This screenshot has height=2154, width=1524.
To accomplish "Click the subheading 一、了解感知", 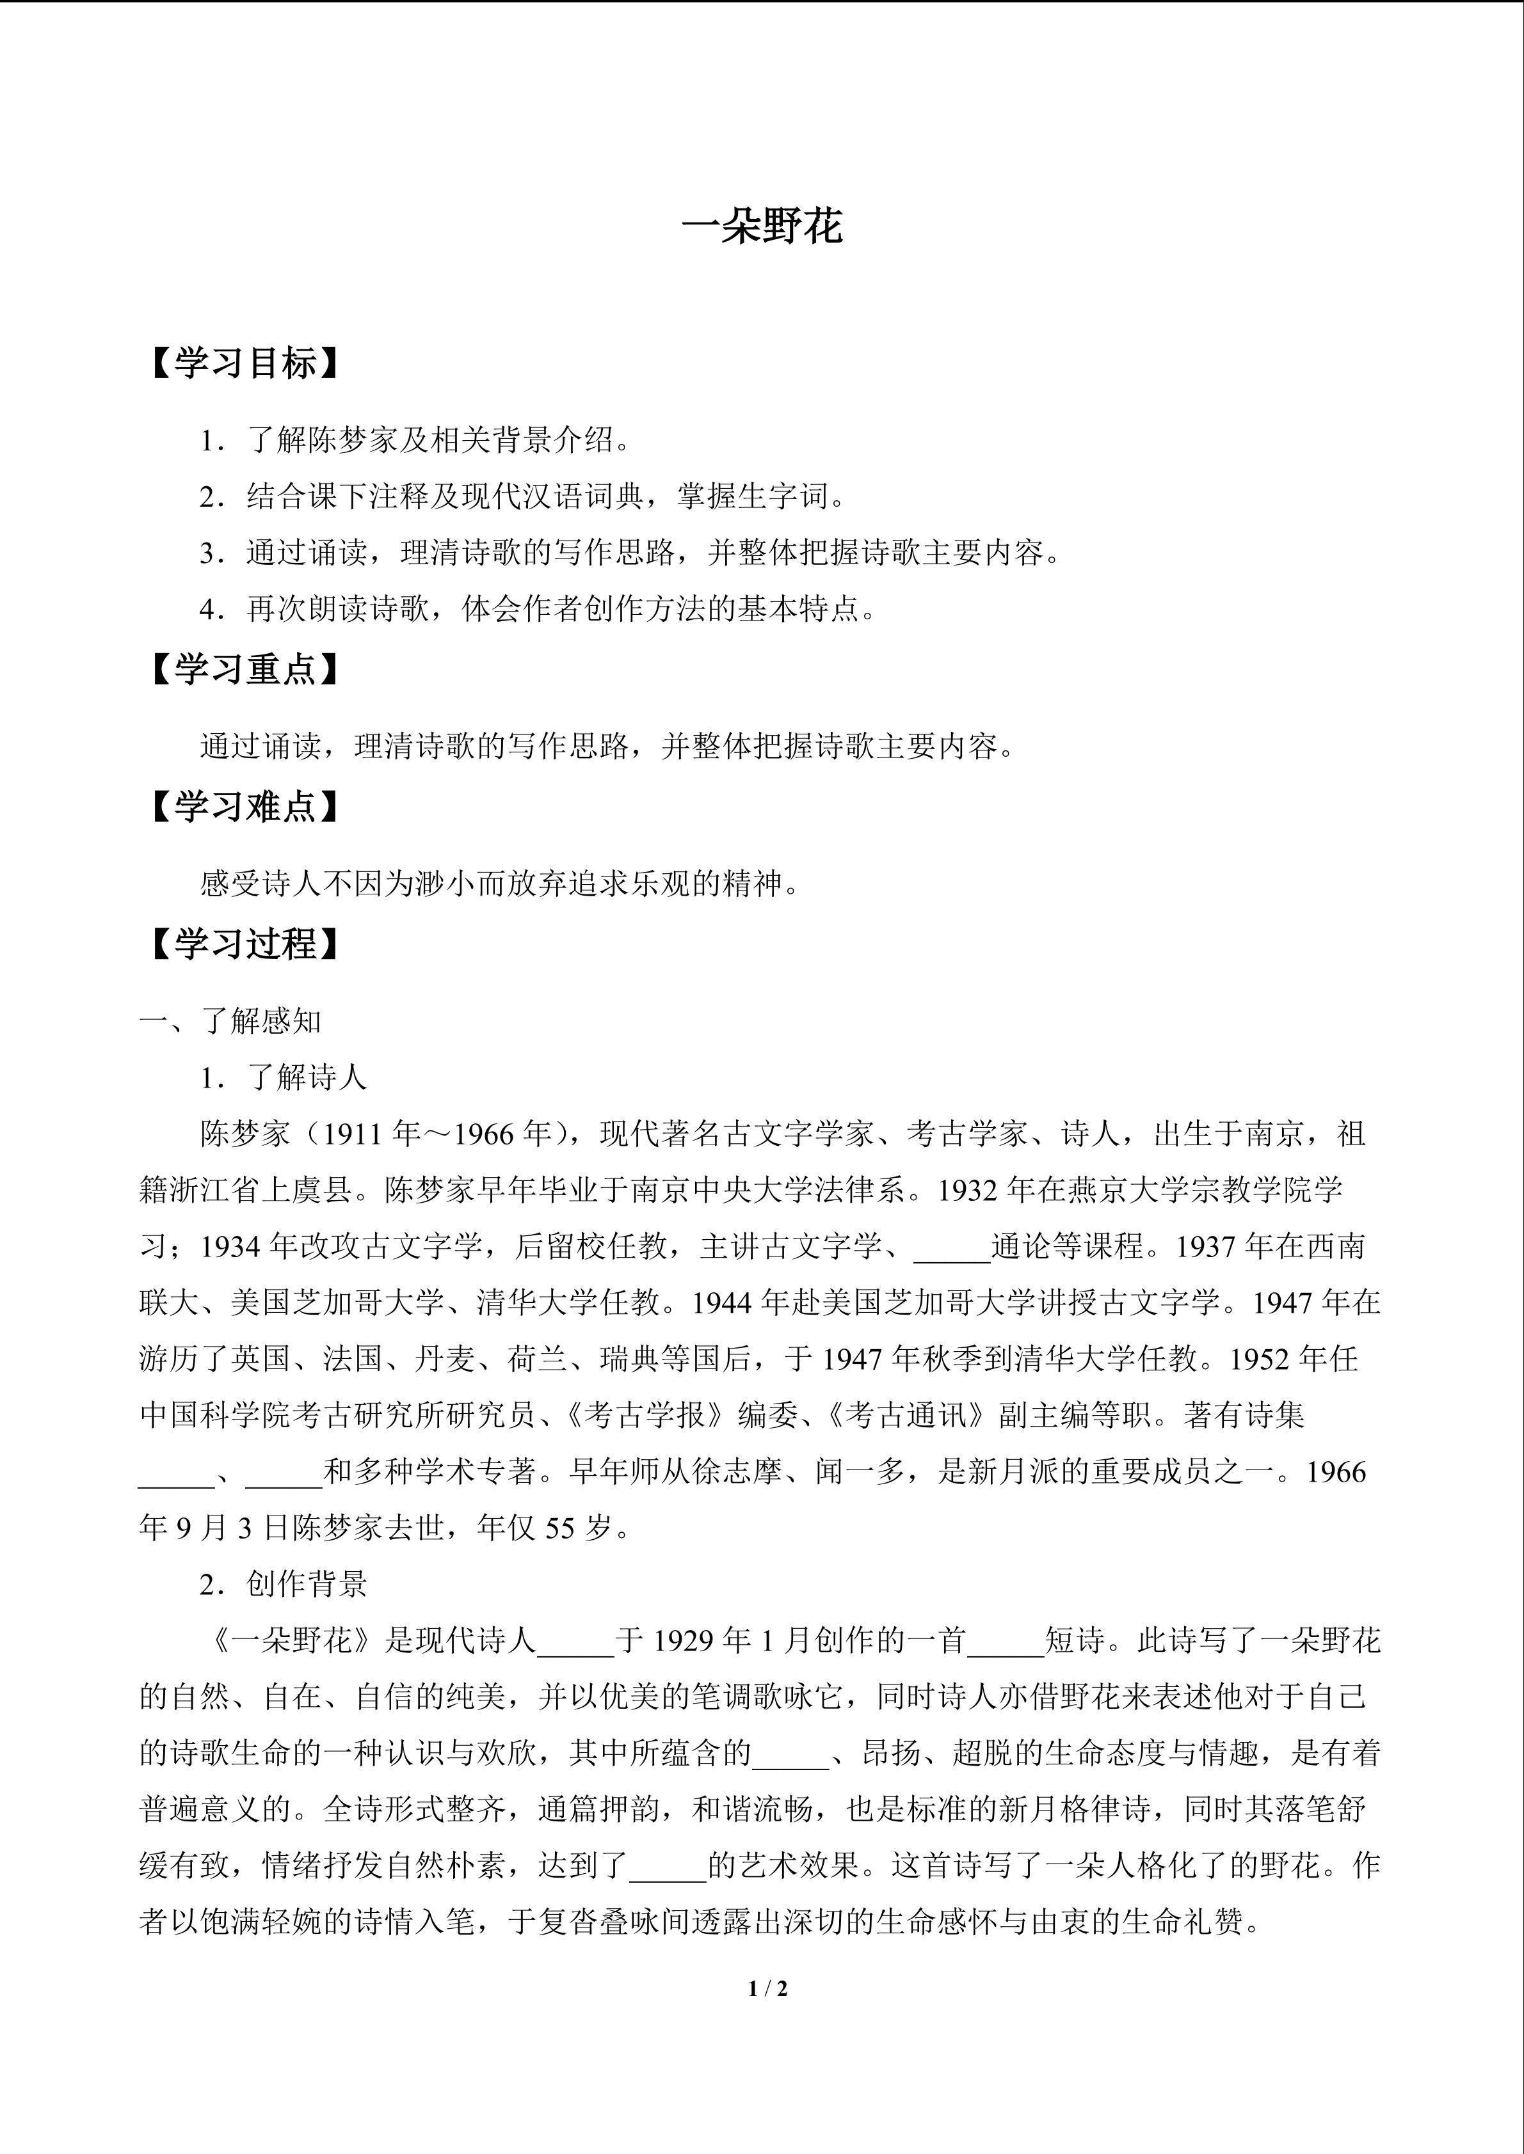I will [231, 1021].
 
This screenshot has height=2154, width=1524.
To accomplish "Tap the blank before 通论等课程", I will [952, 1247].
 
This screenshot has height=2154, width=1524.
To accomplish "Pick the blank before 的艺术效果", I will [667, 1867].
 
